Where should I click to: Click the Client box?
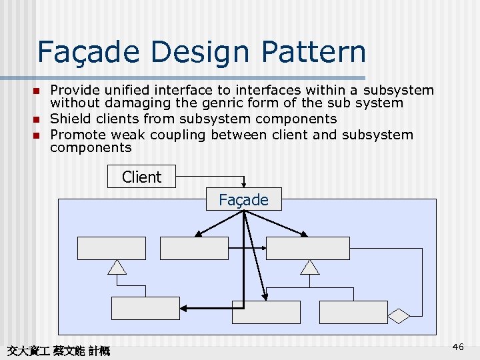[x=141, y=177]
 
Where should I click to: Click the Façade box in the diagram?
[x=243, y=199]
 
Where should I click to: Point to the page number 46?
[x=458, y=347]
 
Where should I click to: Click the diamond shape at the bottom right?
[x=399, y=315]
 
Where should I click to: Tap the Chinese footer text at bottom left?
[x=57, y=351]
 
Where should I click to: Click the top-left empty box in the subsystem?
[x=111, y=248]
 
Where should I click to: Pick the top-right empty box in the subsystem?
[x=307, y=248]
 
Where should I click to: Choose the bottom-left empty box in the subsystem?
[x=145, y=308]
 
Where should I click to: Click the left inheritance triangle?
[x=117, y=267]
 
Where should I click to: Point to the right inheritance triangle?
[x=310, y=267]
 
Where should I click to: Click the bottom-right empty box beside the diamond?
[x=353, y=312]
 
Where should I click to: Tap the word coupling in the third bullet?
[x=179, y=135]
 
